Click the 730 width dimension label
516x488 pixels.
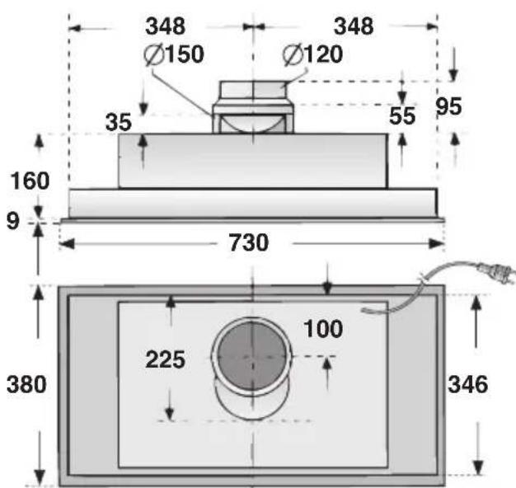pos(248,243)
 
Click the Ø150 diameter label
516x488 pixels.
pos(174,55)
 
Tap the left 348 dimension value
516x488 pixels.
pos(166,26)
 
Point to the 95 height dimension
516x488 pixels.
pos(450,107)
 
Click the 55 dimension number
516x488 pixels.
pos(403,116)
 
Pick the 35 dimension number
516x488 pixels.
pos(119,123)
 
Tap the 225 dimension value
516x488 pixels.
pos(166,359)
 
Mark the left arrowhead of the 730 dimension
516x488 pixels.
pos(67,244)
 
